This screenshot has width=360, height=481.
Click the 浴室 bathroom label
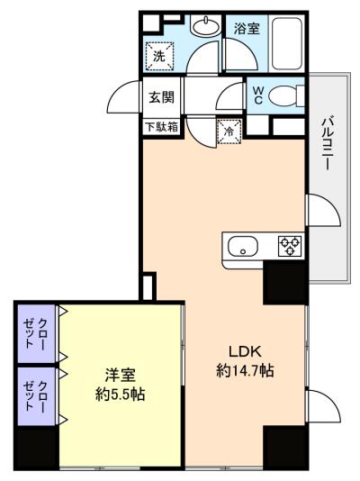click(x=247, y=28)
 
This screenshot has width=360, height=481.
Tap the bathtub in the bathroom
click(x=287, y=43)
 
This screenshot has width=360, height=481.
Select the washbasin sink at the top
click(x=205, y=26)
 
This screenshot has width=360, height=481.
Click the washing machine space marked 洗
click(x=159, y=56)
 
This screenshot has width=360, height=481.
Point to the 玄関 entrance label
click(x=161, y=97)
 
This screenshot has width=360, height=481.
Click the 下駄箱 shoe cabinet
click(x=161, y=127)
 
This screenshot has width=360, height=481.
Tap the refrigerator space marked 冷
click(x=229, y=132)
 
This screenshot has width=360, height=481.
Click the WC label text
click(x=258, y=95)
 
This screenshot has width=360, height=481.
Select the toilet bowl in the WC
click(x=286, y=95)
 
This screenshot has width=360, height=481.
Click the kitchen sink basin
click(x=243, y=246)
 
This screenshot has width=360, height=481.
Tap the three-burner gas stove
click(x=290, y=246)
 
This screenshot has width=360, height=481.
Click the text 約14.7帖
click(x=245, y=370)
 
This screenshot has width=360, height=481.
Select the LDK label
click(x=245, y=352)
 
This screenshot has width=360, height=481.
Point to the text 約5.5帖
click(x=120, y=394)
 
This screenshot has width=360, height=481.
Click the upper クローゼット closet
click(x=36, y=333)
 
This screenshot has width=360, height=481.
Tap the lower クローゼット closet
click(x=36, y=396)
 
